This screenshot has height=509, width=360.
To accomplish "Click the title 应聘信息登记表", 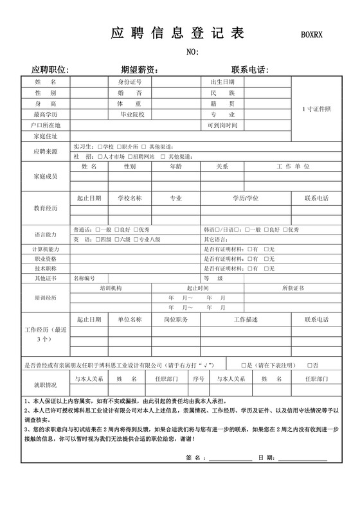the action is tap(177, 34).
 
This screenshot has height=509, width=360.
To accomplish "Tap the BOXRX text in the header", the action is tap(314, 36).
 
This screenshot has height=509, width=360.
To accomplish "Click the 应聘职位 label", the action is tap(50, 70).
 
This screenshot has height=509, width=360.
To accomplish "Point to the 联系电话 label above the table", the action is tap(249, 70).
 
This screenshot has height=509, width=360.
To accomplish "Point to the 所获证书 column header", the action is tap(292, 289).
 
